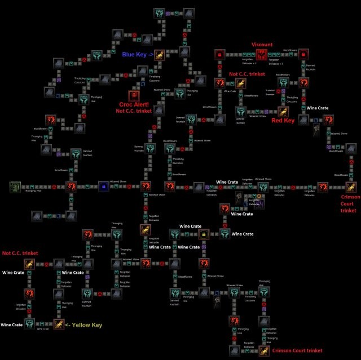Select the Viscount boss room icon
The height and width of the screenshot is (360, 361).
coord(262,55)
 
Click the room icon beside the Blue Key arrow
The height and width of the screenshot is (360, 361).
coord(161,55)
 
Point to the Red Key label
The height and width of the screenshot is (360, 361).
coord(283,120)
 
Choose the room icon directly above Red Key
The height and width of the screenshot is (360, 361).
coord(283,110)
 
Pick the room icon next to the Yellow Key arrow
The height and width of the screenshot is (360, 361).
coord(59,324)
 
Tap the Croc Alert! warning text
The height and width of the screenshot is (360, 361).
coord(134,104)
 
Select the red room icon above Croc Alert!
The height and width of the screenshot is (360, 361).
coord(134,95)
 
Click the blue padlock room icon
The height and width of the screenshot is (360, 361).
coord(103,186)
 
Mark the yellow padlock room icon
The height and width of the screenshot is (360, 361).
coord(203,233)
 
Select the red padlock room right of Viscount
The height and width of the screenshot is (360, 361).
coord(304,55)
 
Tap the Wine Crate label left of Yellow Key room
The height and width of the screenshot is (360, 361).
coord(11,325)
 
